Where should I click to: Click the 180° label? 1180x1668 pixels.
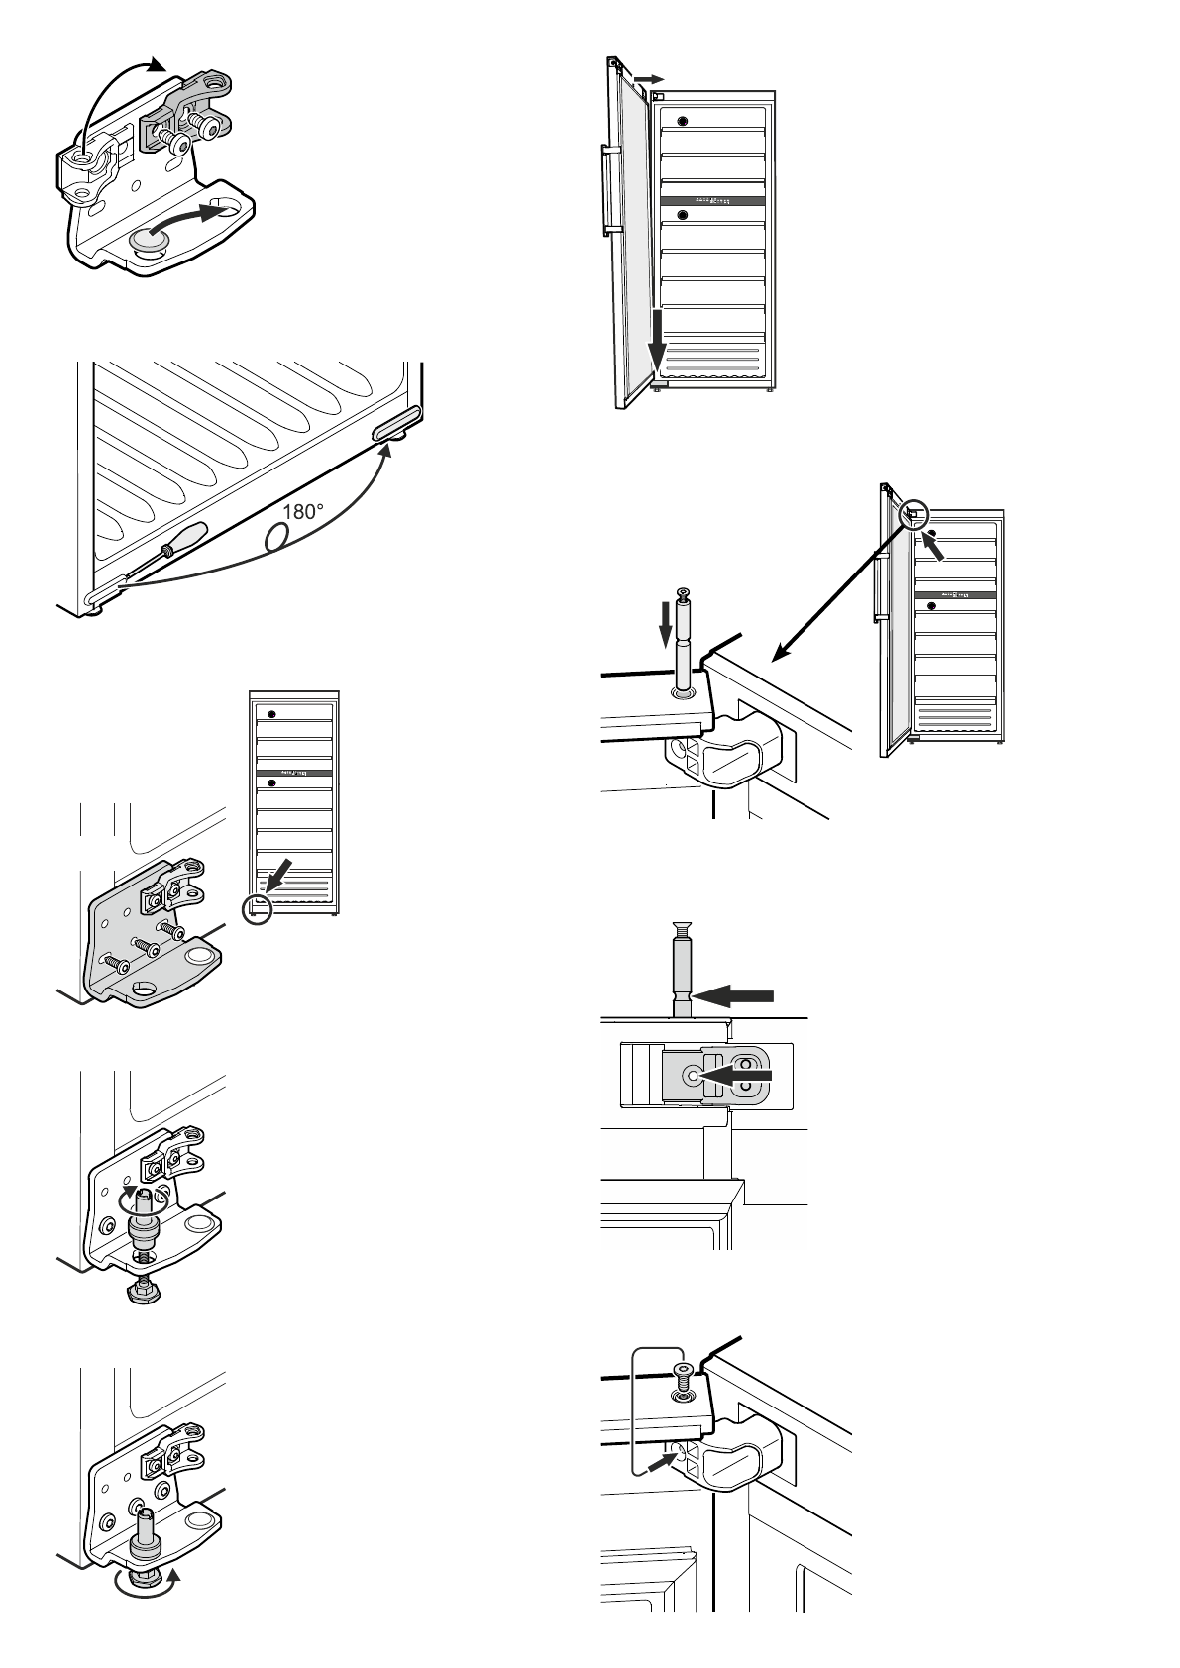coord(303,512)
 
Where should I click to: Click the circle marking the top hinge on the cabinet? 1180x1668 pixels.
coord(914,513)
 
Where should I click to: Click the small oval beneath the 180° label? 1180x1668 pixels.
coord(276,535)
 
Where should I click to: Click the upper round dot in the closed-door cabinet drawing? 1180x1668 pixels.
coord(271,714)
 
